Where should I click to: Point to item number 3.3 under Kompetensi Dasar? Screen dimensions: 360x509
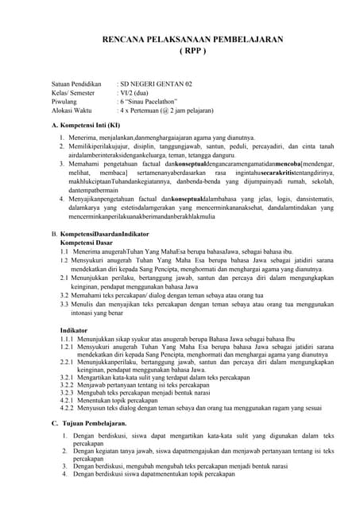click(x=66, y=304)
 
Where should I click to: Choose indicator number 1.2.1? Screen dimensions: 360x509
click(x=69, y=348)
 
